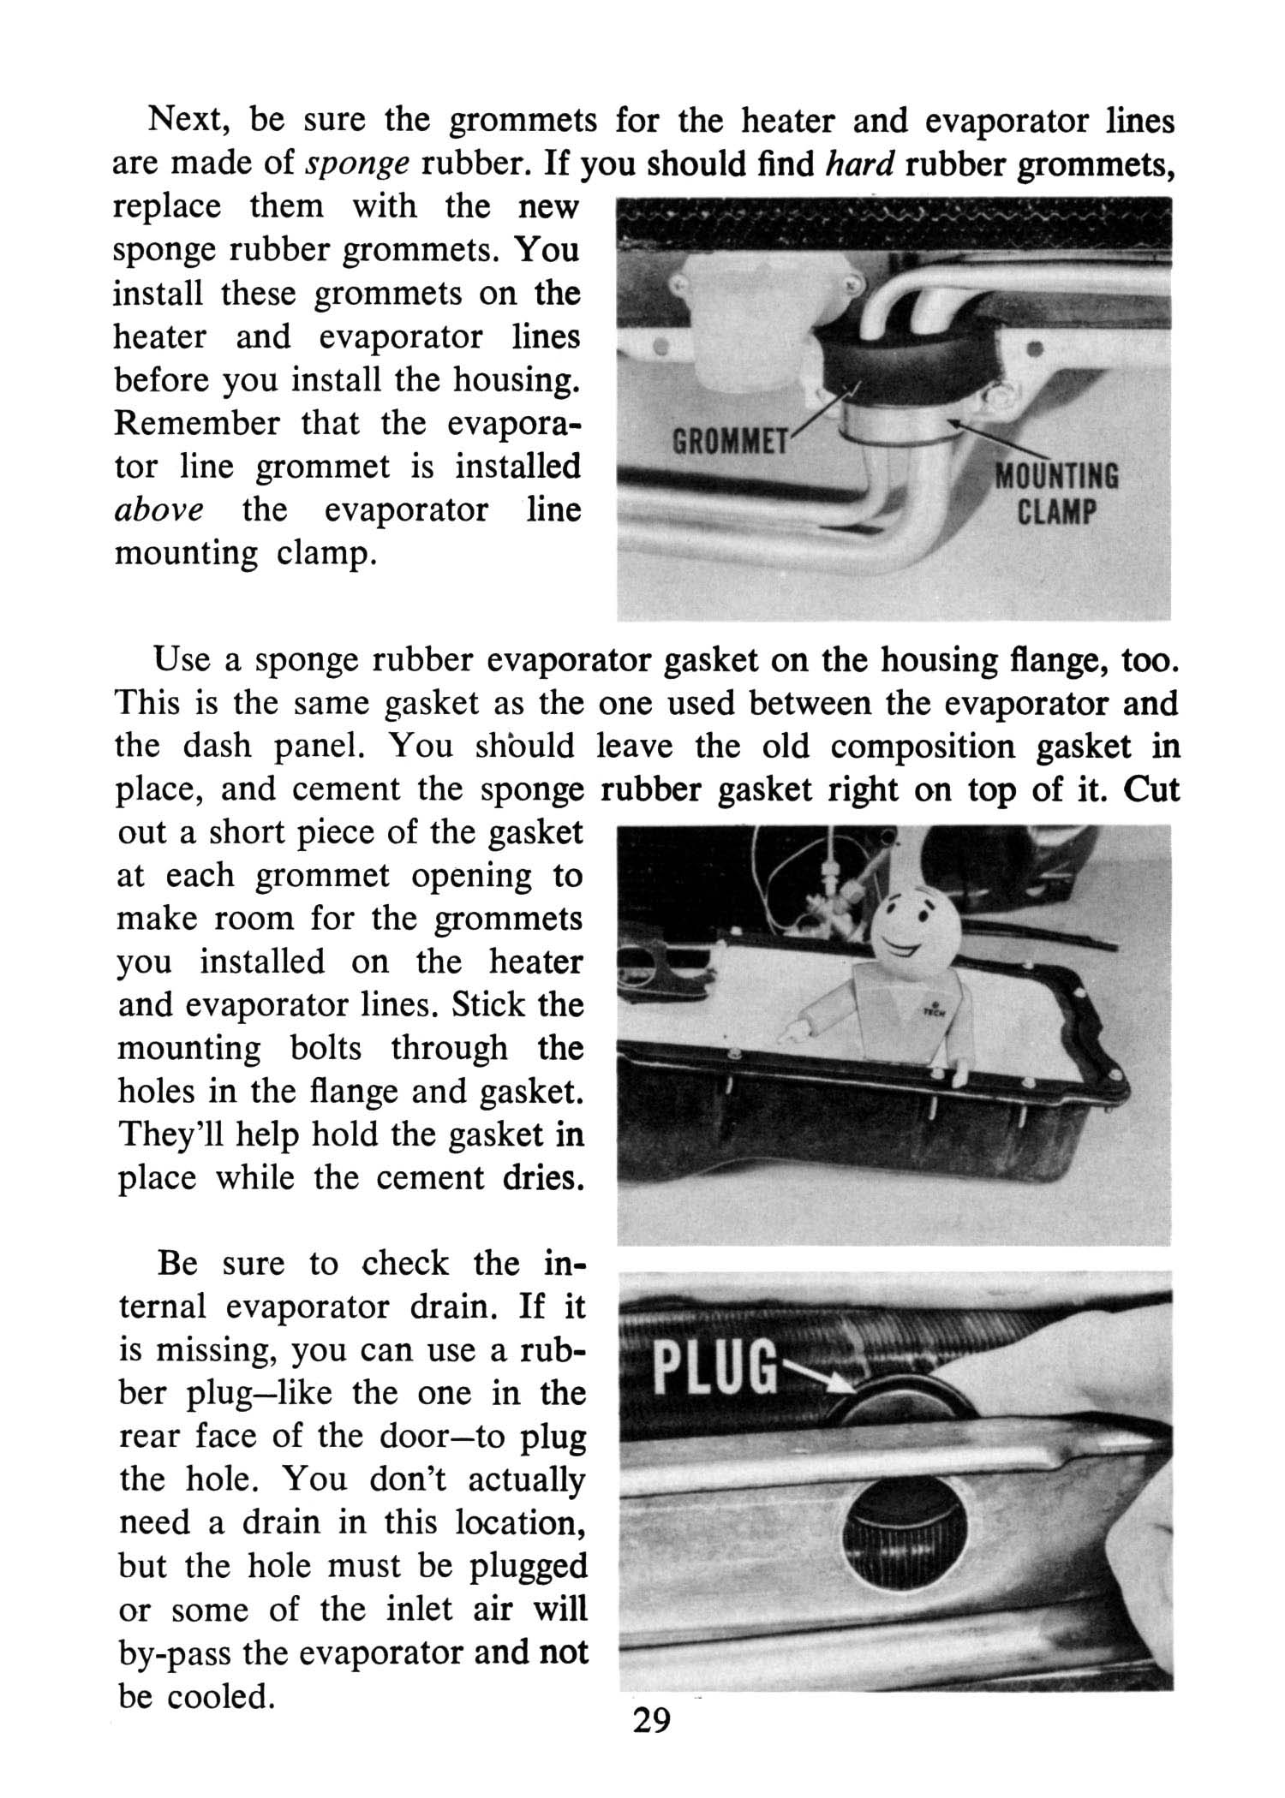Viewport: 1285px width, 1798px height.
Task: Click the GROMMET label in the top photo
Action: pyautogui.click(x=730, y=444)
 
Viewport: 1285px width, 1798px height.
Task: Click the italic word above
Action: pyautogui.click(x=159, y=509)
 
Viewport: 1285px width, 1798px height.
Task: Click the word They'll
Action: pyautogui.click(x=170, y=1134)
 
